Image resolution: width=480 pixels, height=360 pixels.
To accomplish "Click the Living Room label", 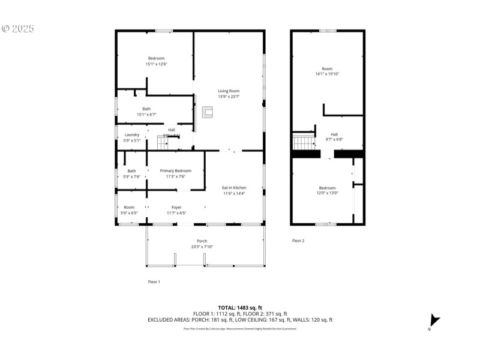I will click(228, 91).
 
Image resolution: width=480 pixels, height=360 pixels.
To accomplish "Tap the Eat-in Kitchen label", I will click(235, 188).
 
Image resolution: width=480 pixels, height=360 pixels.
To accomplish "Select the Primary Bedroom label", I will click(176, 171).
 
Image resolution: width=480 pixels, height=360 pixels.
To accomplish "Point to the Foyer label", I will click(176, 207).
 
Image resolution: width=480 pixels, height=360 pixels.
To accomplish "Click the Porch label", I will click(202, 241).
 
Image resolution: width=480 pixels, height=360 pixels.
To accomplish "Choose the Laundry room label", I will click(132, 135).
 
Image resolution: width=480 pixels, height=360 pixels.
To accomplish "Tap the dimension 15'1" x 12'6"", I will click(156, 64).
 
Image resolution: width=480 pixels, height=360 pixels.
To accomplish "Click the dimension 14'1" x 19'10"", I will click(327, 74).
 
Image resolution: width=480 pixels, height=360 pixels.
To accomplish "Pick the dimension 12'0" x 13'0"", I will click(328, 193).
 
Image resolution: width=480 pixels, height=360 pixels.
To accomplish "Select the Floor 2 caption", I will click(298, 241).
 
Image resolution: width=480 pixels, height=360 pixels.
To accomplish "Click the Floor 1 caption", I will click(154, 281).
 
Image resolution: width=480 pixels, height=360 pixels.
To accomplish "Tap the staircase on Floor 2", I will click(304, 143).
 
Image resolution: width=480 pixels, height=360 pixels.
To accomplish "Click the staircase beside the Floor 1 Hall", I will click(164, 142).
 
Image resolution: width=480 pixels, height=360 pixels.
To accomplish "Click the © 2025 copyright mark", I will click(18, 28).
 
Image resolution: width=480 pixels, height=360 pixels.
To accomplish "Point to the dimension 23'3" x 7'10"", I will click(202, 246).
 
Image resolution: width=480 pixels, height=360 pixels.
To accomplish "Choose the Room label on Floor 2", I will click(327, 68).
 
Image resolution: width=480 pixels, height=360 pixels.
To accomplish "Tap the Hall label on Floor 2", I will click(334, 134).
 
